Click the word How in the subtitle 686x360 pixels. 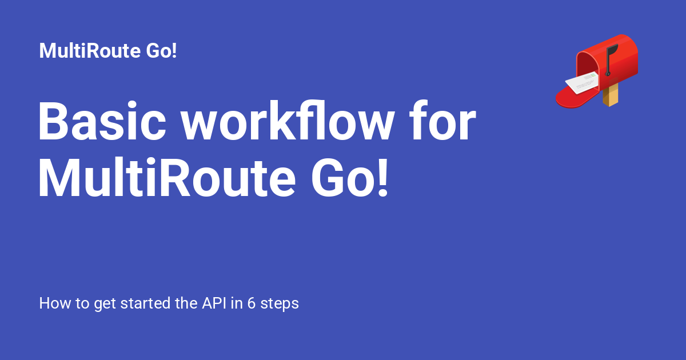pyautogui.click(x=51, y=303)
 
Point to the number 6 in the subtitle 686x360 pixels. pyautogui.click(x=251, y=303)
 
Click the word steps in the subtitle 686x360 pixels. pyautogui.click(x=280, y=303)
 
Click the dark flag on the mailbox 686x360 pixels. pyautogui.click(x=611, y=53)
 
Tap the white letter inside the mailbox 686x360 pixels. pyautogui.click(x=583, y=83)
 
